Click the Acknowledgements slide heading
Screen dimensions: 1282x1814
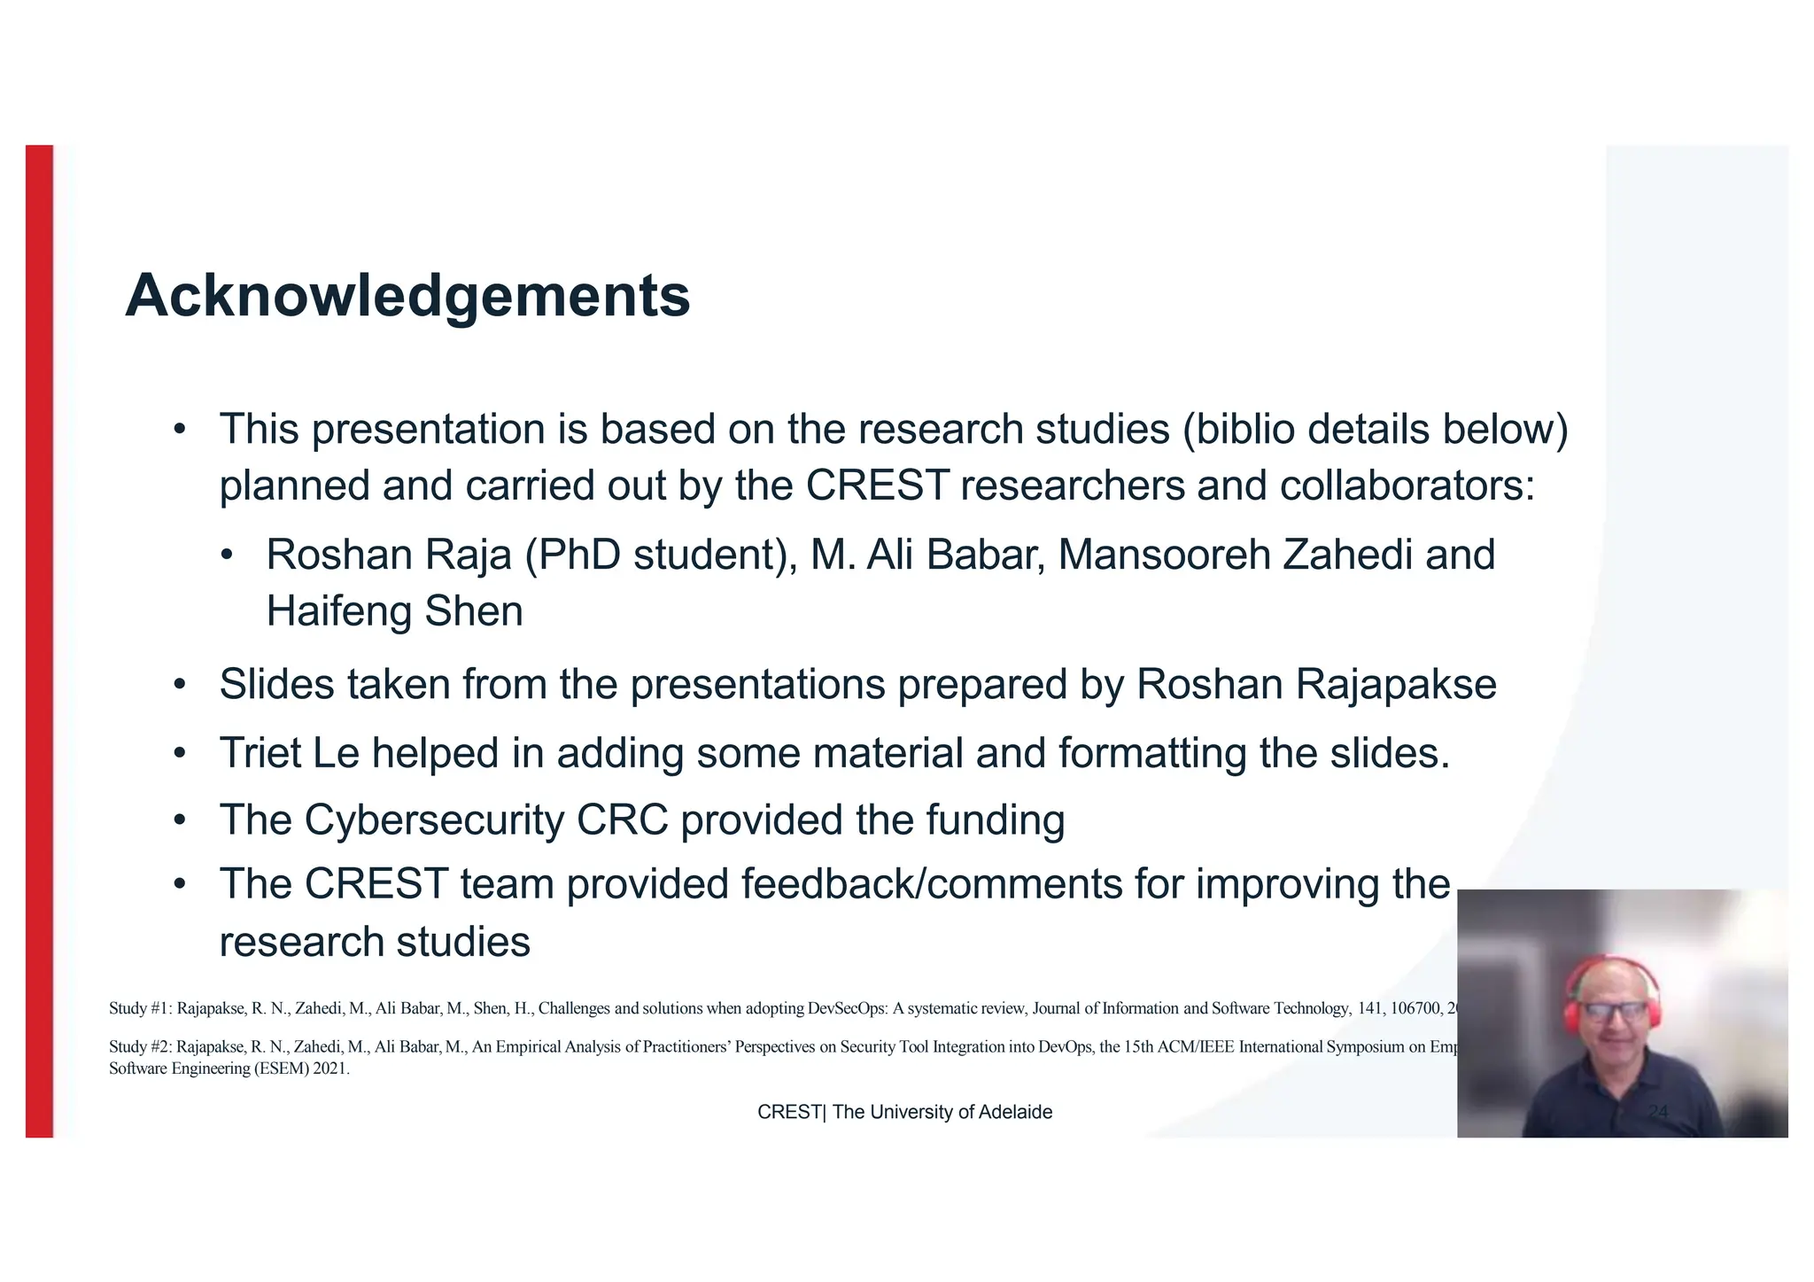(407, 296)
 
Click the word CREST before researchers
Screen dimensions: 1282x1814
(877, 486)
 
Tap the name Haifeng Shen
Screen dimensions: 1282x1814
(394, 612)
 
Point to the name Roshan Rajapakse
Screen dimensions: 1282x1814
(1316, 685)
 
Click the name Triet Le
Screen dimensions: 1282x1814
(289, 754)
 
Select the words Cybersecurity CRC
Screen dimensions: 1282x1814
(486, 820)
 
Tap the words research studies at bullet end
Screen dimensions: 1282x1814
(375, 942)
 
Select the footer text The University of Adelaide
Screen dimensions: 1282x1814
(942, 1113)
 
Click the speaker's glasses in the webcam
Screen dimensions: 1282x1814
(1613, 1011)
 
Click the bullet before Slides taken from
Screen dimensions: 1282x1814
(180, 685)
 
